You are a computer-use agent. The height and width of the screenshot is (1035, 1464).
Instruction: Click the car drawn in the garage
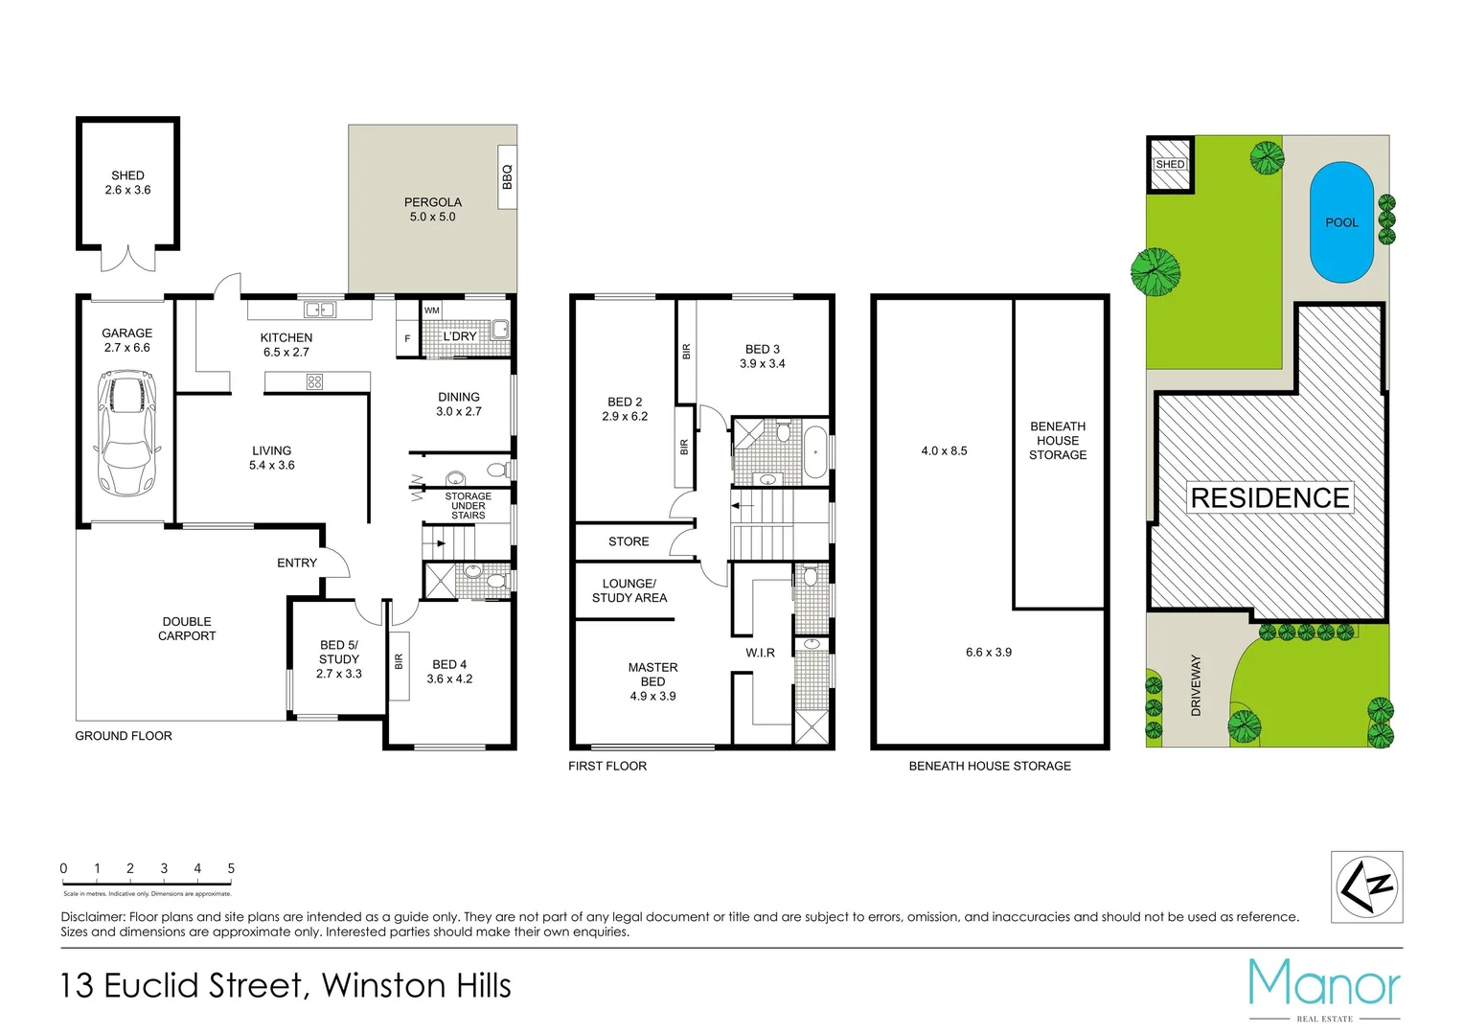[127, 433]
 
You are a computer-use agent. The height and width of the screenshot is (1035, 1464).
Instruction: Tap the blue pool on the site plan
[1341, 222]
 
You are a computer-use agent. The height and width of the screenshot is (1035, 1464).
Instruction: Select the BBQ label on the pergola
[507, 176]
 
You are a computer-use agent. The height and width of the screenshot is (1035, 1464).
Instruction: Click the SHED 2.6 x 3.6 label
[127, 183]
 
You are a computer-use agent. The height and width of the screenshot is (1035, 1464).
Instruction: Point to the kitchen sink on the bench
[320, 310]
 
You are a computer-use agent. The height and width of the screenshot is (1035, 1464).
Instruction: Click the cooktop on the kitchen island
[314, 381]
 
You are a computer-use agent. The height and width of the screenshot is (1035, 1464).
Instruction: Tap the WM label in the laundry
[432, 310]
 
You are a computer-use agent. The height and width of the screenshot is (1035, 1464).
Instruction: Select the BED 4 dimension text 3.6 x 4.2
[449, 679]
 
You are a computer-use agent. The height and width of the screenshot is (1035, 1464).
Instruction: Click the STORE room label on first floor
[629, 541]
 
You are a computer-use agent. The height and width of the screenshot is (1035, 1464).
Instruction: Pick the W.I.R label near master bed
[760, 653]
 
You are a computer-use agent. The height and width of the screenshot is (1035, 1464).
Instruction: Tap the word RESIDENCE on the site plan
[1270, 498]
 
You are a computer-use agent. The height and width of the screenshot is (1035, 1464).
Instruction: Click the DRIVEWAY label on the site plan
[1196, 685]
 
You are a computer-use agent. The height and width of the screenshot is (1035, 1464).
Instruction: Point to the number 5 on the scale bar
[231, 868]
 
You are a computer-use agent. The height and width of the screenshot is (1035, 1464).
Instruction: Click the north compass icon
[1367, 886]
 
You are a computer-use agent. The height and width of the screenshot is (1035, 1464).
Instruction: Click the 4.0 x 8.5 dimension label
[944, 450]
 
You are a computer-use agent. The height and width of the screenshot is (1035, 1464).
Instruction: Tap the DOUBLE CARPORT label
[187, 629]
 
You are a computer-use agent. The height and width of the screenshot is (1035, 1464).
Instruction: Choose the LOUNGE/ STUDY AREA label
[629, 590]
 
